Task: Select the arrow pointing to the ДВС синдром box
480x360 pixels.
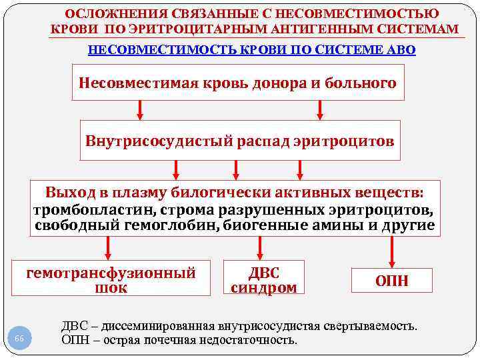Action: pos(265,248)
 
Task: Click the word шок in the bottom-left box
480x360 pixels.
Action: pos(111,288)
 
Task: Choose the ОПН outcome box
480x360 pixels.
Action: pos(392,281)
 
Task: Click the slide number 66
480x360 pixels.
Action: pos(19,339)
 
